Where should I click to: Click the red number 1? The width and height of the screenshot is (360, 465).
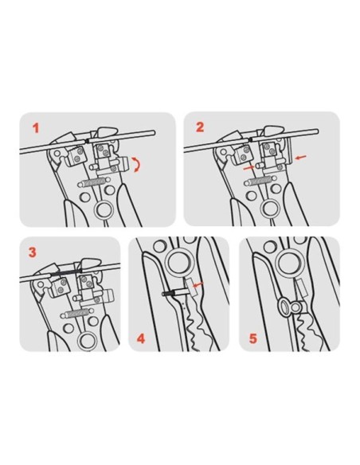(36, 129)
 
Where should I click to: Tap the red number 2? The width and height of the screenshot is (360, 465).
(200, 127)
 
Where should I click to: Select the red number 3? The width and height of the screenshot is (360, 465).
(33, 252)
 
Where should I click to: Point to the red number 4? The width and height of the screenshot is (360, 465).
(141, 338)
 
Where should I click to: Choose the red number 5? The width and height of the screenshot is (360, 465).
(253, 338)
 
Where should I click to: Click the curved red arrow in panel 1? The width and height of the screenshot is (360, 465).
(137, 165)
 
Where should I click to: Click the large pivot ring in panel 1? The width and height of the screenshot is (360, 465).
(102, 211)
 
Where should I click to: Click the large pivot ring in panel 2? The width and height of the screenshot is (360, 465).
(268, 209)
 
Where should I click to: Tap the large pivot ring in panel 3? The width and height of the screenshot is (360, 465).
(86, 340)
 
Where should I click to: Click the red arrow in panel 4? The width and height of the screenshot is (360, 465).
(198, 284)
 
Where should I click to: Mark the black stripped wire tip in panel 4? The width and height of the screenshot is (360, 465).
(167, 294)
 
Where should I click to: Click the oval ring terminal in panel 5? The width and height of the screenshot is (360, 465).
(284, 307)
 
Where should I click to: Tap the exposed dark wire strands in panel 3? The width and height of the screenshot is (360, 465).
(66, 272)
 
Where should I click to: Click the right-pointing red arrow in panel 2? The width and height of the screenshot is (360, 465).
(248, 168)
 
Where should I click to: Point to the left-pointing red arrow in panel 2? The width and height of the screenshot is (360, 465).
(301, 158)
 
